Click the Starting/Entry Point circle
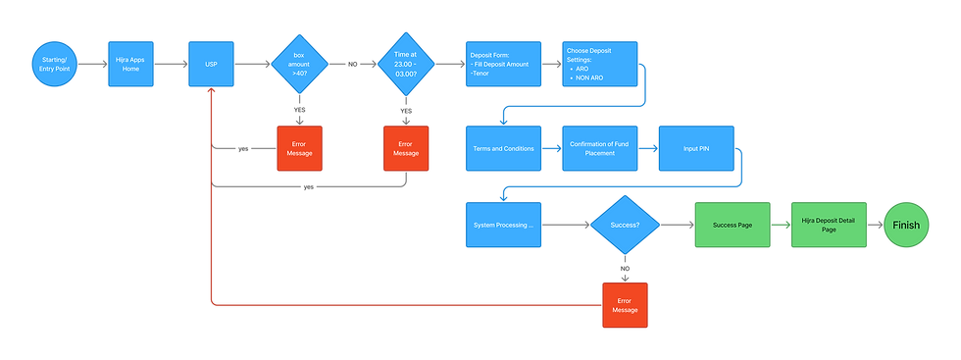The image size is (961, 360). pos(55,65)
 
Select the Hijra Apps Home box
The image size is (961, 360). pos(130,65)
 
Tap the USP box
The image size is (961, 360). pos(211,65)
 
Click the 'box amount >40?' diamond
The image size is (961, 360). pos(299,65)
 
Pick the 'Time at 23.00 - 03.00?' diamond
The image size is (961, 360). pos(405,65)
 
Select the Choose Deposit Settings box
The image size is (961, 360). pos(599,65)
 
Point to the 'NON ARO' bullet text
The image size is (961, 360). pos(592,77)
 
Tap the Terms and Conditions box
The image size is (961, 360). pos(504,149)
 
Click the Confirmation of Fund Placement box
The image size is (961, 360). pos(599,149)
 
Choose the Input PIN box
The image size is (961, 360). pos(696,149)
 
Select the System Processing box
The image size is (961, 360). pos(504,225)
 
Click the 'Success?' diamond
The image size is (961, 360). pos(625,225)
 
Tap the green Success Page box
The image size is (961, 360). pos(732,225)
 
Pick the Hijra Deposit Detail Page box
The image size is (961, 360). pos(828,225)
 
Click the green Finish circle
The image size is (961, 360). pos(906,225)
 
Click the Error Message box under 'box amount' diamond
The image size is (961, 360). pos(299,148)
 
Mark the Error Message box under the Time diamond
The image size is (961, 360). pos(405,148)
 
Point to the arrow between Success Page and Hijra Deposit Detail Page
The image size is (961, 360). pos(780,225)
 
